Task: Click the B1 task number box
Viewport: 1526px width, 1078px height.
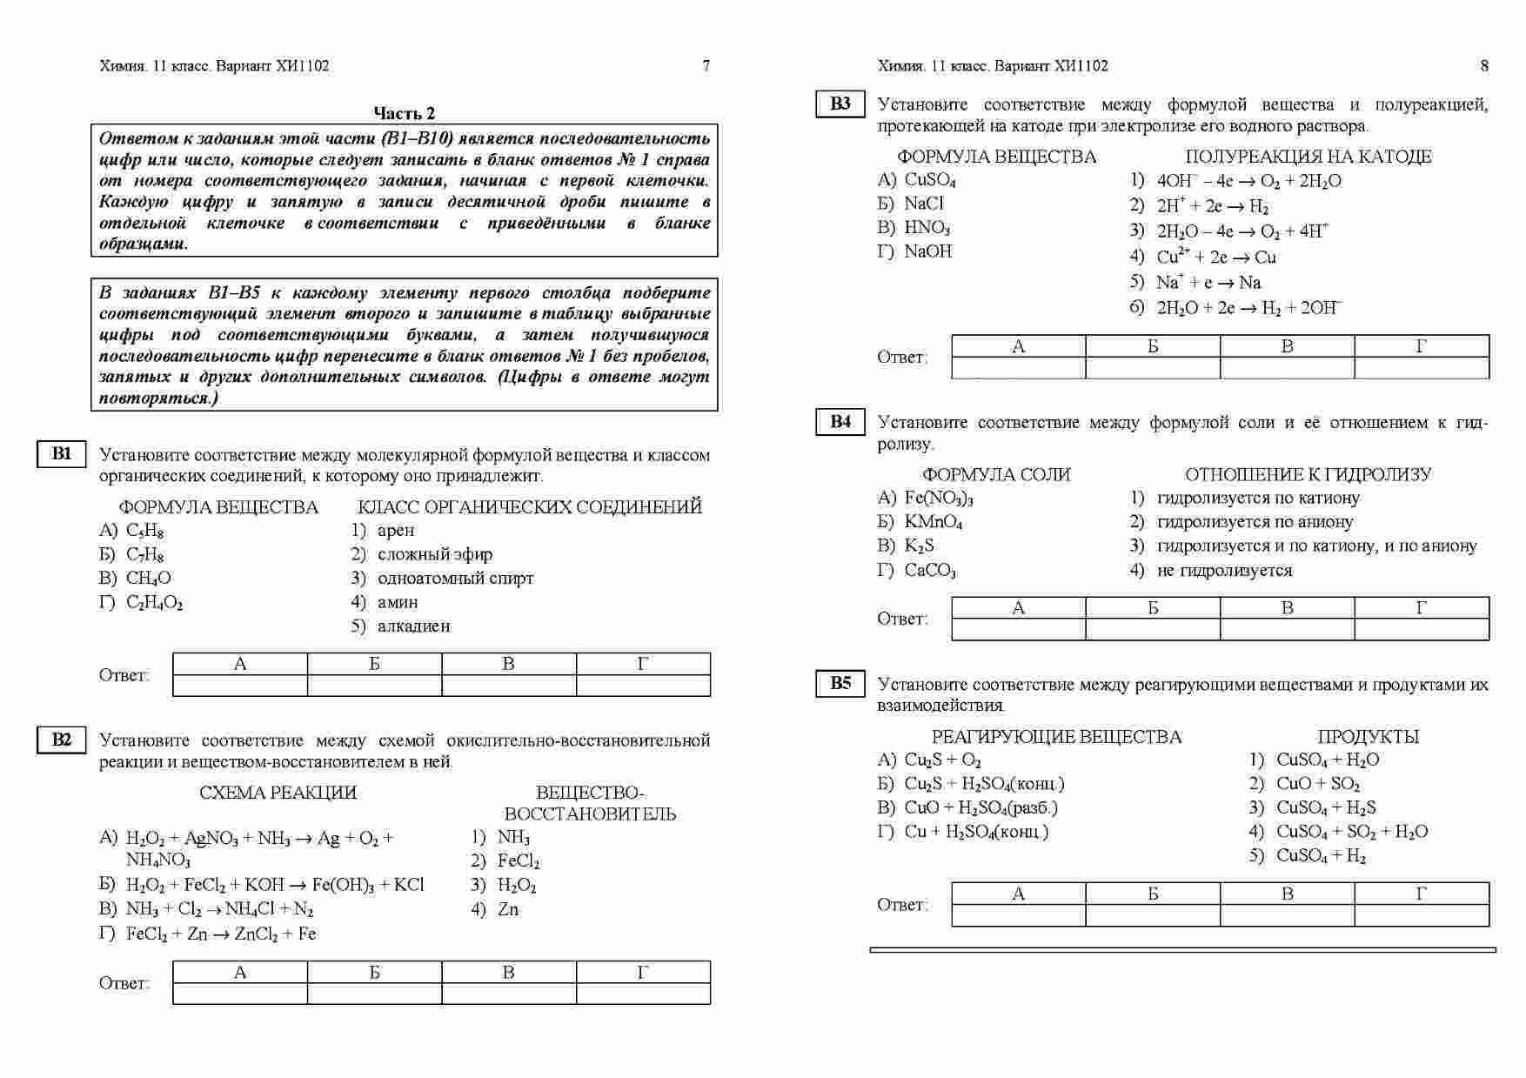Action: (61, 454)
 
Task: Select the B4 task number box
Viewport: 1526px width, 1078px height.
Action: (840, 422)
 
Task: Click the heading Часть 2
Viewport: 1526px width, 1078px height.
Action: (404, 113)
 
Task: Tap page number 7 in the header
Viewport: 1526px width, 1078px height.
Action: (706, 65)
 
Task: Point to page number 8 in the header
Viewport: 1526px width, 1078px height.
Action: (1484, 65)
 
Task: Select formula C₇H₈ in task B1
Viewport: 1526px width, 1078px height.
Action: (144, 555)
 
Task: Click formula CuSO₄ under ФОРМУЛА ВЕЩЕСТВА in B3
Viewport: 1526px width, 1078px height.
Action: (929, 181)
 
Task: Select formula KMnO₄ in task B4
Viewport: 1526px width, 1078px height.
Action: (933, 523)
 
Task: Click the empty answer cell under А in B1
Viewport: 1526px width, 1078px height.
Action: (240, 686)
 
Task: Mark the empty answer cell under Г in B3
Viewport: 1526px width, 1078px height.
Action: (1422, 368)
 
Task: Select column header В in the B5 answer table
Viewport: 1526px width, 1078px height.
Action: (1287, 894)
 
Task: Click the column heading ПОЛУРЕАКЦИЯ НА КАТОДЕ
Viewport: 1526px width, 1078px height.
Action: (1308, 157)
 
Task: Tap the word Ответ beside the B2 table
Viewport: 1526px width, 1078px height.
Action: (124, 983)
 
